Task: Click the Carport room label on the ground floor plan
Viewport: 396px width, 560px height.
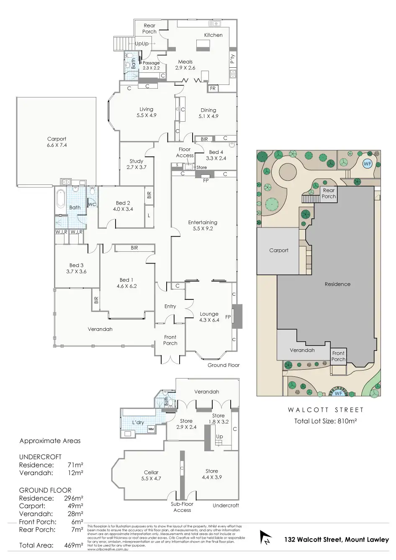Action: (57, 142)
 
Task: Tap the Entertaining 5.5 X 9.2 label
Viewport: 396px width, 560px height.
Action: (203, 225)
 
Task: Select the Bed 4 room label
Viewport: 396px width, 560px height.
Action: (216, 155)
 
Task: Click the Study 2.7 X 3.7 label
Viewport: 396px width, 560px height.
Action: (136, 164)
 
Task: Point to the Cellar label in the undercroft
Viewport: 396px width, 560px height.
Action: (151, 475)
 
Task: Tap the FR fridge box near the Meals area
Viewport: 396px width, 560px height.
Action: (213, 89)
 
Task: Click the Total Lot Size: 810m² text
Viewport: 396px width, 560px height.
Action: (325, 421)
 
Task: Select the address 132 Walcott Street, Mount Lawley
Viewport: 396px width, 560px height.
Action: (337, 540)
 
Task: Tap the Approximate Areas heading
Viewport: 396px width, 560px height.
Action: (50, 441)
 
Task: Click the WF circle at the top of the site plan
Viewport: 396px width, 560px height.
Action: (367, 164)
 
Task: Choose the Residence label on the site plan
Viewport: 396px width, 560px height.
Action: (337, 284)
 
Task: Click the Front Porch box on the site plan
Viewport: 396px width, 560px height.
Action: (338, 356)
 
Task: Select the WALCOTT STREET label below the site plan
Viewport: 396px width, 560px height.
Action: (327, 410)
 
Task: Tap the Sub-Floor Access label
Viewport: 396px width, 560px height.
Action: (182, 507)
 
